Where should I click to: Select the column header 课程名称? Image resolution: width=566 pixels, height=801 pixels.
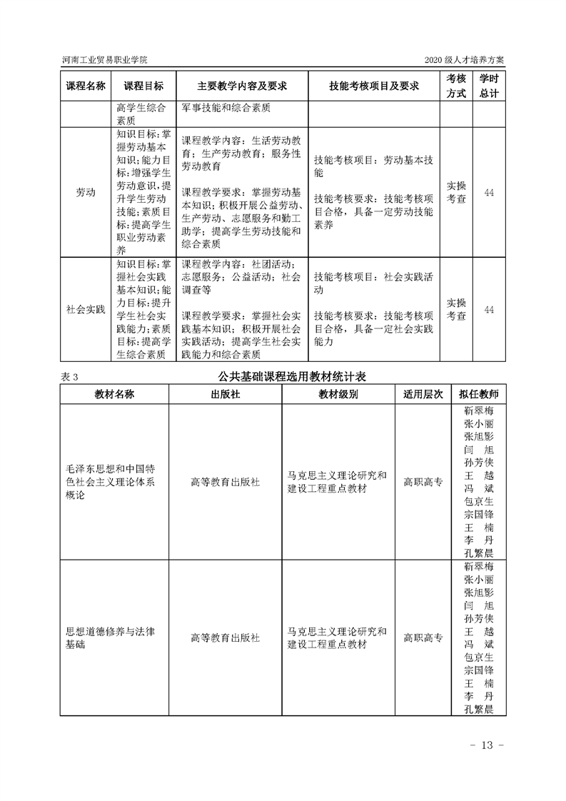pyautogui.click(x=86, y=86)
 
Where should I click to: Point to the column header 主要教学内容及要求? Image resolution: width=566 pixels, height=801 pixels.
pyautogui.click(x=242, y=86)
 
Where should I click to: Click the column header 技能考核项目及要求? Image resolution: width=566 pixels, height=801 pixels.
pyautogui.click(x=373, y=86)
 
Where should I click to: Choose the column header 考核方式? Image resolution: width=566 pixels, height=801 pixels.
pyautogui.click(x=456, y=86)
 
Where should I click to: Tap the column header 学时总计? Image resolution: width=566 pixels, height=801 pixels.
pyautogui.click(x=489, y=86)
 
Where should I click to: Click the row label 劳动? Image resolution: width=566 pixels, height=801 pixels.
pyautogui.click(x=86, y=193)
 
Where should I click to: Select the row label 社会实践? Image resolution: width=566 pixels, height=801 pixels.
pyautogui.click(x=86, y=309)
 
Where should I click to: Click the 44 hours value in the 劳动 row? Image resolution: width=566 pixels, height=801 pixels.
pyautogui.click(x=489, y=193)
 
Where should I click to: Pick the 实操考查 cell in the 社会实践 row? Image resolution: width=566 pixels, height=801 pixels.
pyautogui.click(x=456, y=309)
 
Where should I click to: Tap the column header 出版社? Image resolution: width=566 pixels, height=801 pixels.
pyautogui.click(x=226, y=394)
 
